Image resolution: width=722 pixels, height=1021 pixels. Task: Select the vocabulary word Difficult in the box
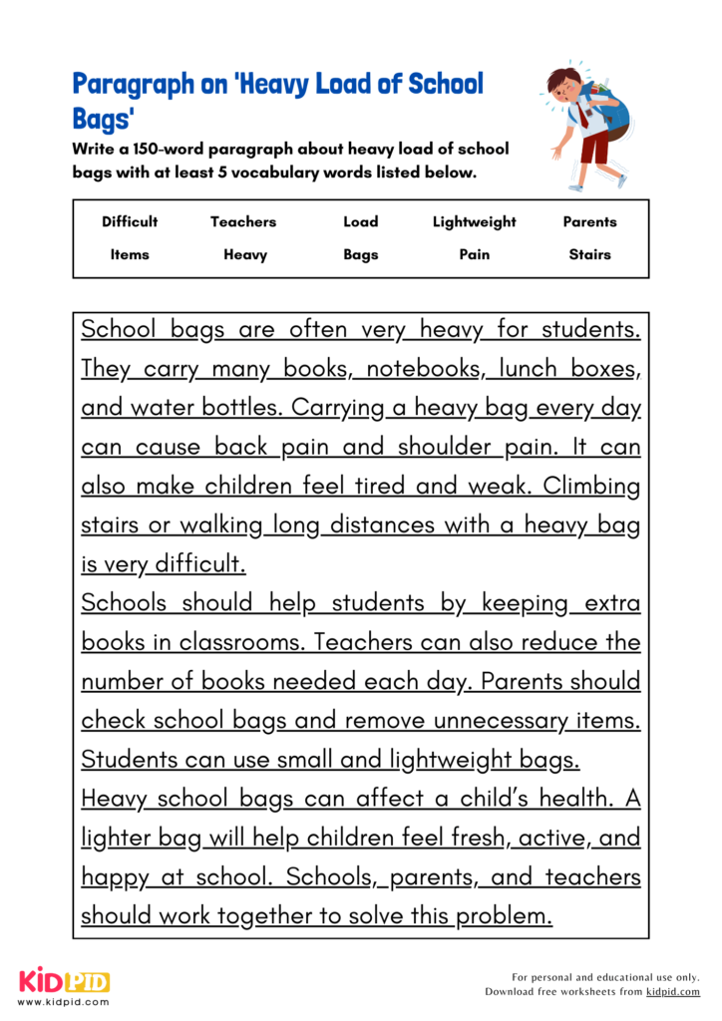coord(130,221)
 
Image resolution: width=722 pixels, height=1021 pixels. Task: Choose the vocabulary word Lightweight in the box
coord(474,221)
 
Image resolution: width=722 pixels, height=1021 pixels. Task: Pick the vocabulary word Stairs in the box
coord(589,254)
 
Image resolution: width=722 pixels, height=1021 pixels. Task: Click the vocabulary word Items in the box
coord(130,254)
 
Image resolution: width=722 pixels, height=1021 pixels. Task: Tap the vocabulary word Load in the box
coord(360,221)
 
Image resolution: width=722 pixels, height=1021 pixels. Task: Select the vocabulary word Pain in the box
coord(474,254)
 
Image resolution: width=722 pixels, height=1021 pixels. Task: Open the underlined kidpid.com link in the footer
coord(672,992)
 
